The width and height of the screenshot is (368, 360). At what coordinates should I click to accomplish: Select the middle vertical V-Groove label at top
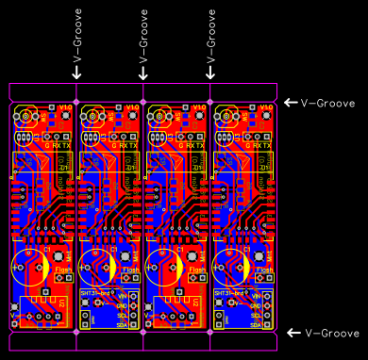[x=144, y=35]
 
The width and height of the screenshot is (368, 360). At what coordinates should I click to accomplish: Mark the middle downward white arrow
[x=144, y=72]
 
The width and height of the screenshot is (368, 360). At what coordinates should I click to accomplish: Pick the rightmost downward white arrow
[x=211, y=72]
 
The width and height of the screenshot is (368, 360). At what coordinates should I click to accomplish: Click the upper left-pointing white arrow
[x=292, y=103]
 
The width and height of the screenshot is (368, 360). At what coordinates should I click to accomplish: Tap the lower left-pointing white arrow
[x=292, y=333]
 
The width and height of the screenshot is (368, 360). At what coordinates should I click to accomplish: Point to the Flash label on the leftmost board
[x=64, y=270]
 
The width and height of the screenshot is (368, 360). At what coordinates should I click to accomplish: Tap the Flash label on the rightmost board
[x=265, y=270]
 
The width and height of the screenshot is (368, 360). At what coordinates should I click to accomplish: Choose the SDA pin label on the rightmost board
[x=255, y=323]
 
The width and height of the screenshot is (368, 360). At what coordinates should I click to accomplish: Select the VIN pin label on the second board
[x=121, y=296]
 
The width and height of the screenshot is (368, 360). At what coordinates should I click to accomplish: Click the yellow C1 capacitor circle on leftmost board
[x=28, y=264]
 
